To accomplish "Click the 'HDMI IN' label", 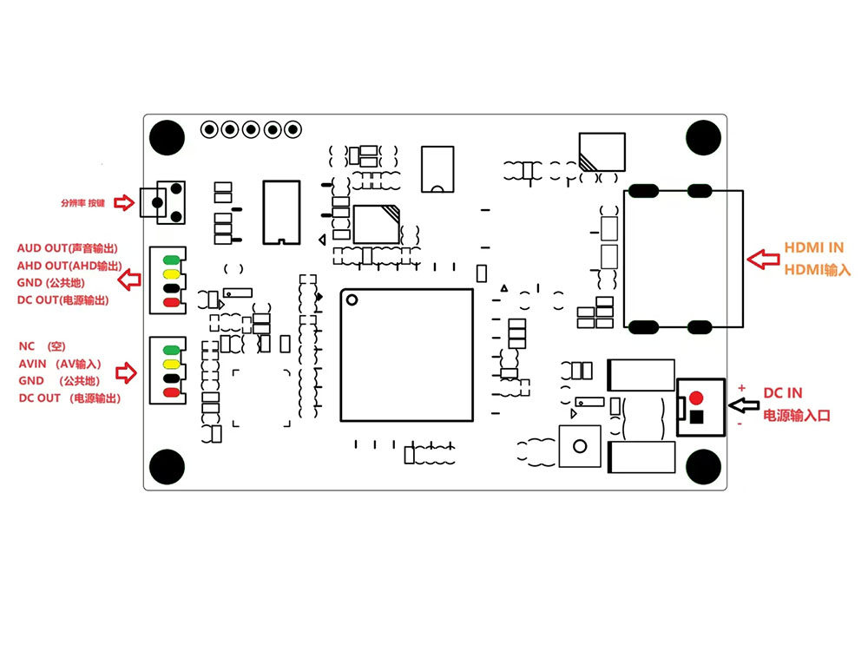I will pos(813,248).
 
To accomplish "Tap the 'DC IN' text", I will pos(782,394).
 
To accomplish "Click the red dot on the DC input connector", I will pos(695,398).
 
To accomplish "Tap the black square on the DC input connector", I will pos(696,418).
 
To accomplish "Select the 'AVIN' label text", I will pos(36,364).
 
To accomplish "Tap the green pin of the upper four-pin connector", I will pos(171,259).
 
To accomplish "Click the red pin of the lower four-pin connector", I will pos(171,392).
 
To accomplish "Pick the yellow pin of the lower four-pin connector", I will pos(171,363).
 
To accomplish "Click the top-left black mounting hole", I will pos(167,137).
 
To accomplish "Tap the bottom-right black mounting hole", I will pos(703,466).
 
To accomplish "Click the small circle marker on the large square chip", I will pos(352,301).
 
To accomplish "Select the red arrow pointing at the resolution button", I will pos(126,203).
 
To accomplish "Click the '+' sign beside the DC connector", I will pos(741,387).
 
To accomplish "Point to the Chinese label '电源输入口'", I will pos(796,416).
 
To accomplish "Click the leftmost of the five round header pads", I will pos(209,129).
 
